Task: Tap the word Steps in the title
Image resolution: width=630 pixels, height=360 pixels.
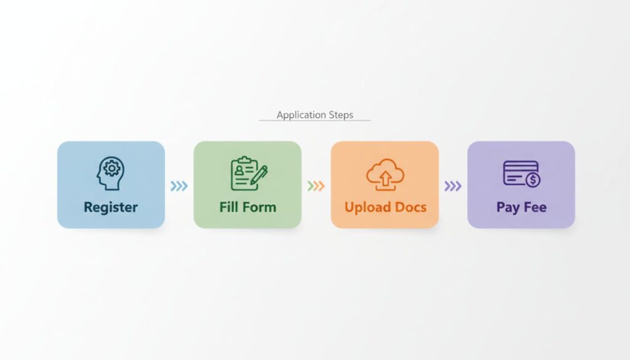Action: point(341,115)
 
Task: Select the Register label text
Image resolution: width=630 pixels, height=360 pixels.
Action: point(111,207)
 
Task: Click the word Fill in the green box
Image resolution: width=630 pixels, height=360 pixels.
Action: point(230,207)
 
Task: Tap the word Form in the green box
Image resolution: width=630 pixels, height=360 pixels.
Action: point(259,207)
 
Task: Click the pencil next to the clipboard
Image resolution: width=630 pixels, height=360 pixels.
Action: point(259,175)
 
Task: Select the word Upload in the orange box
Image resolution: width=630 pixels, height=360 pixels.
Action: point(367,207)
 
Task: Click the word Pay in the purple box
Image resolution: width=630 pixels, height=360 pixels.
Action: point(508,207)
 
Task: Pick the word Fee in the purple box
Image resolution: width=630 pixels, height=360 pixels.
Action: point(535,207)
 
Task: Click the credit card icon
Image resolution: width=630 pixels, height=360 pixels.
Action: point(520,174)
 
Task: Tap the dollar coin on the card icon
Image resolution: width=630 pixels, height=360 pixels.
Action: point(533,180)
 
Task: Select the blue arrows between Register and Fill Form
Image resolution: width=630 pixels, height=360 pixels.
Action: point(179,186)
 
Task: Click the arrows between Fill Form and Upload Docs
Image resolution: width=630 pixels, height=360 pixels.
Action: point(316,186)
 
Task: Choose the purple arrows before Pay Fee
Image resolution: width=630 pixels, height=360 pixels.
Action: point(452,186)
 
